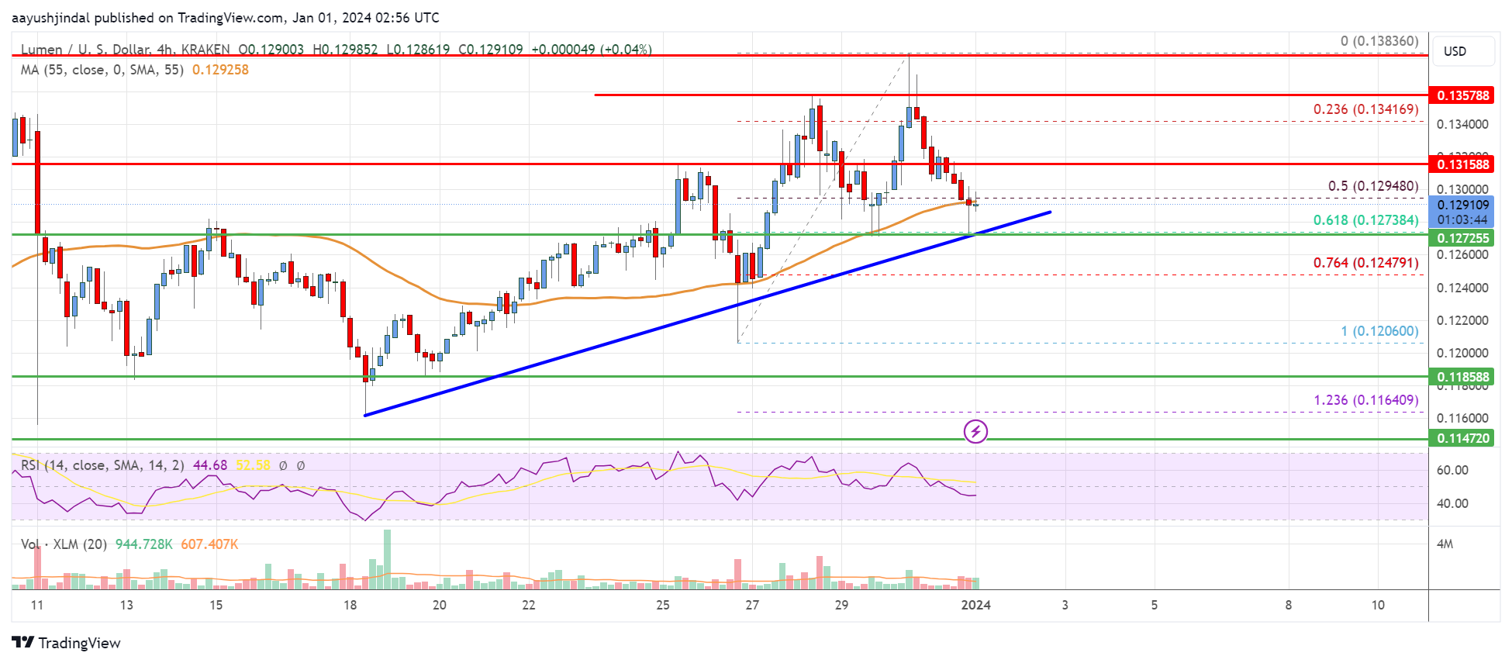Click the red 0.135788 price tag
(1462, 95)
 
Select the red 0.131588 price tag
(1462, 164)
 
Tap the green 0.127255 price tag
(1462, 238)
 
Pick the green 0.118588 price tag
(1462, 378)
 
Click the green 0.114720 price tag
(1462, 438)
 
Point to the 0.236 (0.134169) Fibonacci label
(1365, 109)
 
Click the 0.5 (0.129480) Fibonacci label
(1372, 186)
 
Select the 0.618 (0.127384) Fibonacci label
(1365, 220)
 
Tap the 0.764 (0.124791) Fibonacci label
(1365, 263)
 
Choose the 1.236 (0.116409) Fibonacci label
(1365, 400)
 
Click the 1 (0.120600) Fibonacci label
(1379, 331)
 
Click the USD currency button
(1455, 51)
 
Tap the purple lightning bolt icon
(975, 431)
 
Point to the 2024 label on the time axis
(975, 605)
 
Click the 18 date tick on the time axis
(350, 605)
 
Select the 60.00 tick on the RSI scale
(1452, 470)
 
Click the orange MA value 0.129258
(220, 70)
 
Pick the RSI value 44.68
(210, 465)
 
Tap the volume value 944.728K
(144, 544)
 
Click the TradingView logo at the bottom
(67, 643)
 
